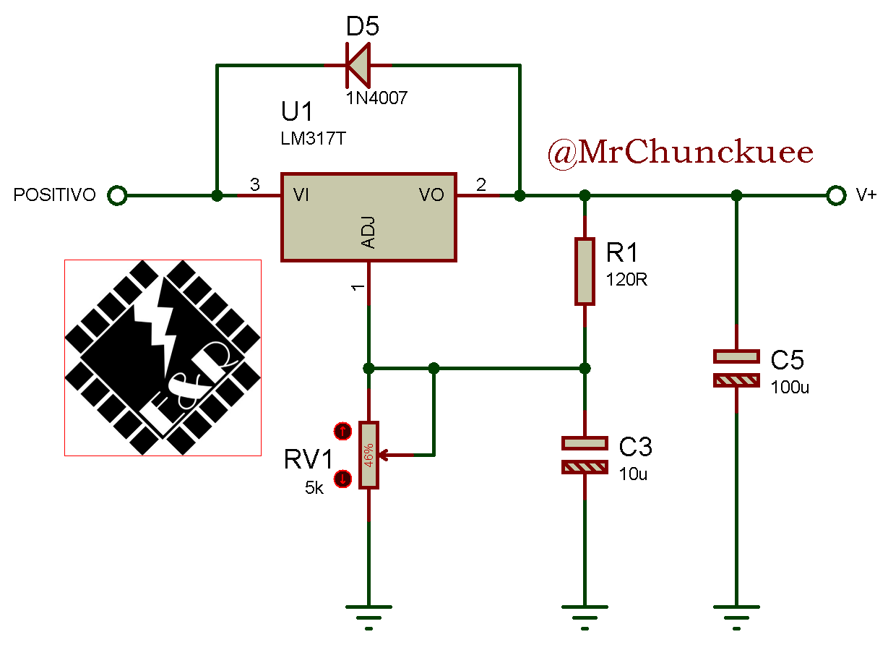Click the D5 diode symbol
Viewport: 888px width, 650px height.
pos(358,65)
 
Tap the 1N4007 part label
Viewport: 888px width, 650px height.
pos(376,98)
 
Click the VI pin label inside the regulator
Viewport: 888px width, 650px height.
pos(301,195)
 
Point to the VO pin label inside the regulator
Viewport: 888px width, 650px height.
pos(431,195)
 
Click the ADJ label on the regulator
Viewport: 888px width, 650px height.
pos(368,235)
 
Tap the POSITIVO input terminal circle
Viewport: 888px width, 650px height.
pos(116,195)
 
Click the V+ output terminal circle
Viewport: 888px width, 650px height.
pos(836,195)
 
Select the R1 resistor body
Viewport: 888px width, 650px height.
pos(585,271)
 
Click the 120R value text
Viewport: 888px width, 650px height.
pos(626,280)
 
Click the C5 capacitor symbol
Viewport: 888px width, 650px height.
pos(736,368)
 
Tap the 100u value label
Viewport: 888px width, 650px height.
pos(789,387)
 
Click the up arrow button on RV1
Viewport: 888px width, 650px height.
pos(342,432)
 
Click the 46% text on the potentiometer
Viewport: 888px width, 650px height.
pos(368,456)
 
